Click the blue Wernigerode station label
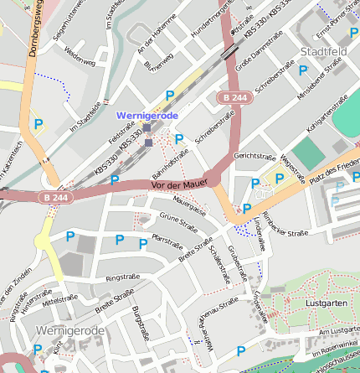[x=147, y=115]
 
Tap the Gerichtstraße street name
[x=255, y=156]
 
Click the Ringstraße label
[x=123, y=275]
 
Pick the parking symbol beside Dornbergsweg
[x=37, y=125]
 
